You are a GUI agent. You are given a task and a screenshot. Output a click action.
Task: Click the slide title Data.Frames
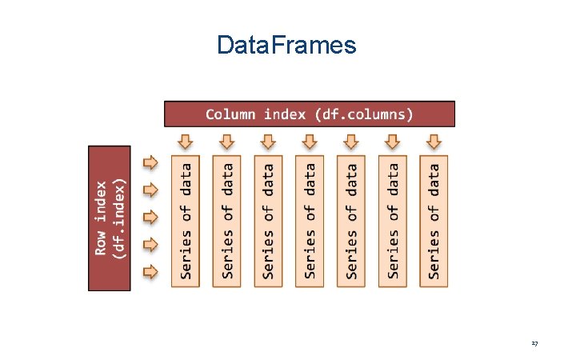286,46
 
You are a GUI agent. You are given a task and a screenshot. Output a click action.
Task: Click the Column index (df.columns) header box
309,114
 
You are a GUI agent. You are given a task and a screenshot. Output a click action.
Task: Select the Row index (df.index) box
109,217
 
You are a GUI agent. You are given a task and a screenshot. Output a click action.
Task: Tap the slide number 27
534,343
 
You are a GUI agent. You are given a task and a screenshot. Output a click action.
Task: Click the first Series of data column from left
186,221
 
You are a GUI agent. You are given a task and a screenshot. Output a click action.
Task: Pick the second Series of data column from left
227,221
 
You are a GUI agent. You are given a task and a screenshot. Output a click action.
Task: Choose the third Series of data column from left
269,221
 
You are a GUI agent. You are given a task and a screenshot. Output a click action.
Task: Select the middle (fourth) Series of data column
310,221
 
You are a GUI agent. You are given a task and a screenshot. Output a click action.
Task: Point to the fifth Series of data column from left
351,221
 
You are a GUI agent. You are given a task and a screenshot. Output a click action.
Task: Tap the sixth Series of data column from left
393,221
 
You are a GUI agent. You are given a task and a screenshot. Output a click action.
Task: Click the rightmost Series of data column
434,221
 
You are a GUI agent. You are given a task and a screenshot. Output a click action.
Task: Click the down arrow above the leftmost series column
186,142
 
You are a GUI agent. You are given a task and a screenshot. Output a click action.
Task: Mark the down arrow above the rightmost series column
434,142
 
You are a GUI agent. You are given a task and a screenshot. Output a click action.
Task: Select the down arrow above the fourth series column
310,142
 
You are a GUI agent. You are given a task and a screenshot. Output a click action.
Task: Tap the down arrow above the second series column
227,142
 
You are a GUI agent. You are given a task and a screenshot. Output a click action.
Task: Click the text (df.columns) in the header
363,114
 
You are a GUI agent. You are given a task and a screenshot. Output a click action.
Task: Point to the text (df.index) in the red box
119,217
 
